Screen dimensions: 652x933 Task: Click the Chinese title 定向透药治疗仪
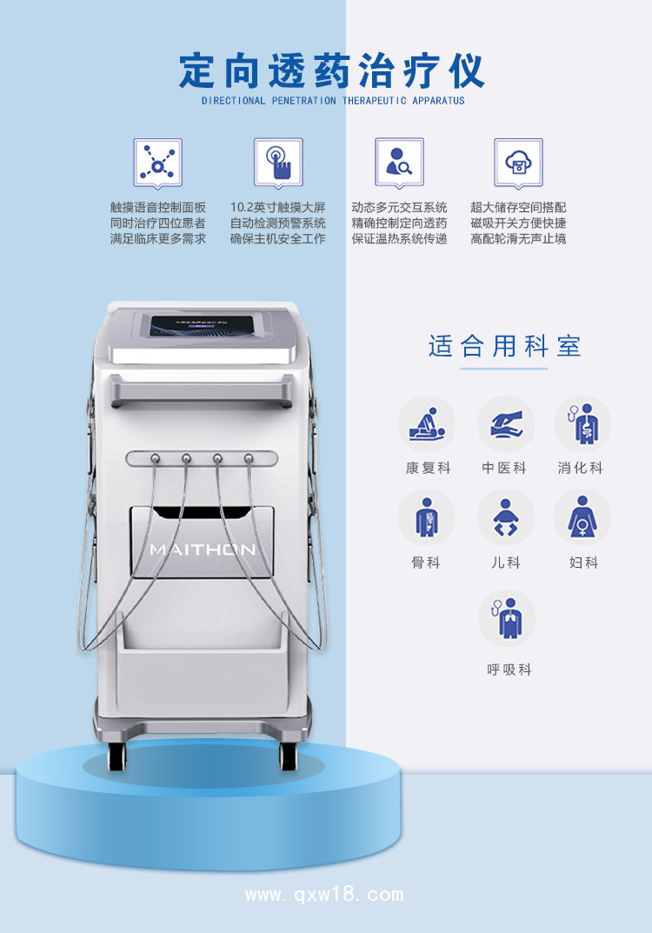332,71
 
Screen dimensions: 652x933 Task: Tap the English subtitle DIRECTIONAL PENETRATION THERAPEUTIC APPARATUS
333,101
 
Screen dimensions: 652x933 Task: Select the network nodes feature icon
157,163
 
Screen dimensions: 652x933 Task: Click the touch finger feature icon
278,163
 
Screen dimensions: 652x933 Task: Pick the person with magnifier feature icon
399,163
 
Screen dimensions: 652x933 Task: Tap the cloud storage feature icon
519,163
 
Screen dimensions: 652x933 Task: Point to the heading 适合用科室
504,346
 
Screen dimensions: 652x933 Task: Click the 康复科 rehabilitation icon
427,424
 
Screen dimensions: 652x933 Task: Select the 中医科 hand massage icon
506,424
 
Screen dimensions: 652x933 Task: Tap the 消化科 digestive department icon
583,424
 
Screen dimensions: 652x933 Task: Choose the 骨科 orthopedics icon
427,517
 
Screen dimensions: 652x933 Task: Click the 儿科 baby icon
506,517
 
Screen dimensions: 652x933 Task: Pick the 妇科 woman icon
582,517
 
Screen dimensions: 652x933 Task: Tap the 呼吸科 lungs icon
507,619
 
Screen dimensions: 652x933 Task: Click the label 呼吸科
509,670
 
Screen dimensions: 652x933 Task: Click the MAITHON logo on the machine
203,550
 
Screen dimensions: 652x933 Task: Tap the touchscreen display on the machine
201,329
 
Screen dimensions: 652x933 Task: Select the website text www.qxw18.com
325,895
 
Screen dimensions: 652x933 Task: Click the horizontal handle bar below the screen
202,391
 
